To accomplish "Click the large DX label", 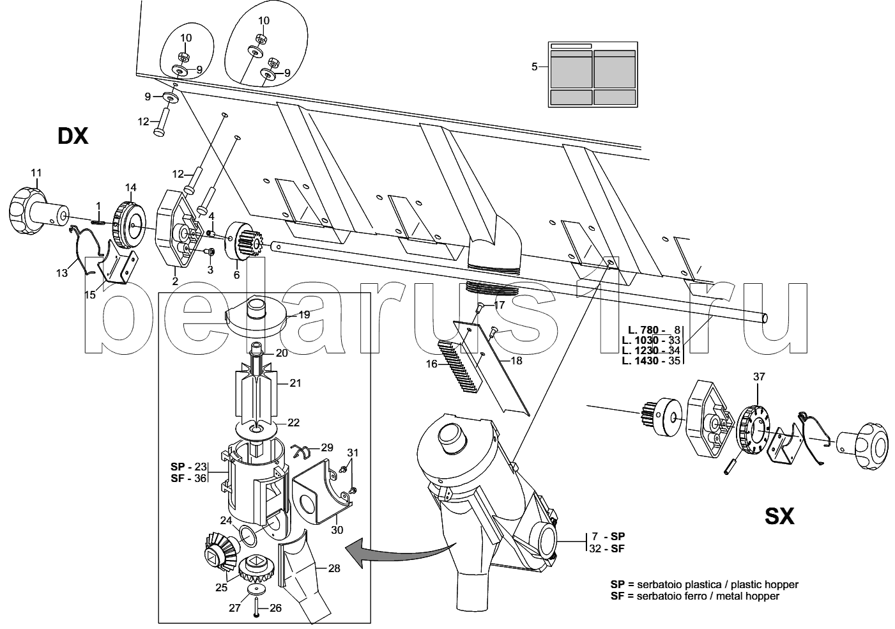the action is [73, 136].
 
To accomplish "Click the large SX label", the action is [779, 516].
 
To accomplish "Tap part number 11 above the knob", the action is [36, 173].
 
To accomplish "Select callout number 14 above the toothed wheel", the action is [131, 187].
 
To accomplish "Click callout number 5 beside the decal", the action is [535, 66].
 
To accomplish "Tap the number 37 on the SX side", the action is [759, 377].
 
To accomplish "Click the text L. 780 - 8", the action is [654, 330].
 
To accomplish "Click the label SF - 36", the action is [188, 478].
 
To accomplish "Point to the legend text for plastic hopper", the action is [705, 584].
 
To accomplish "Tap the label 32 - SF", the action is [606, 548].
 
